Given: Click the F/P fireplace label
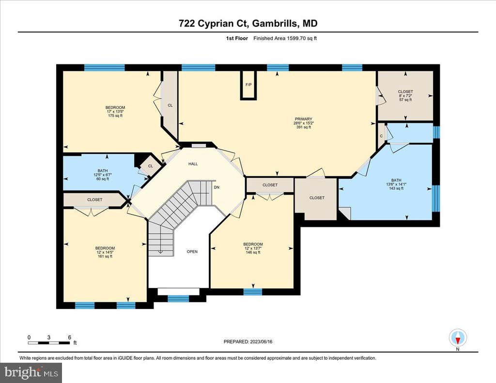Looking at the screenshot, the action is coord(248,85).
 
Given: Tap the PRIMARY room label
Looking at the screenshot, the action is coord(303,119).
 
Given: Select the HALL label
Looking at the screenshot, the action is coord(193,164).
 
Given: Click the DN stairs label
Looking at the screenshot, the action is coord(217,187).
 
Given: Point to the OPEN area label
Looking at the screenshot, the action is coord(192,252).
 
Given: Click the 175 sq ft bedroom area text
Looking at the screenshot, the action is coord(115,116).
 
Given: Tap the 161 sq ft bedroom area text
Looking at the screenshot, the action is coord(105,256).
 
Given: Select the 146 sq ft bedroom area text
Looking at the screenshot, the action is coord(253,252).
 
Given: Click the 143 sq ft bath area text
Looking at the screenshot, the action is coord(396,188).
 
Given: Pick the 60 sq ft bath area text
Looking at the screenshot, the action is coord(103,179).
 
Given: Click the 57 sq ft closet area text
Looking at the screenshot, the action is coord(405,100).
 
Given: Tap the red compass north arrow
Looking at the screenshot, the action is coord(457,340).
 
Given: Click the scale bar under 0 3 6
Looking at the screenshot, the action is coord(48,343).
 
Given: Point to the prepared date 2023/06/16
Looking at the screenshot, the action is coord(261,341).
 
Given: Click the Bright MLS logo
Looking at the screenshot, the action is coord(31,372).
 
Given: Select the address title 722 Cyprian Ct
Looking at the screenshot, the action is coord(215,23).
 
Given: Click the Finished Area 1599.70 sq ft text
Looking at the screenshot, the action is coord(285,38).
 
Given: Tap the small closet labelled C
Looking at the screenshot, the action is coord(382,136).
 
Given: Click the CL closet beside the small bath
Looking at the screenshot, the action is coord(151,166).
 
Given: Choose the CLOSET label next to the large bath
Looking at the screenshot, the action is coord(317,198).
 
